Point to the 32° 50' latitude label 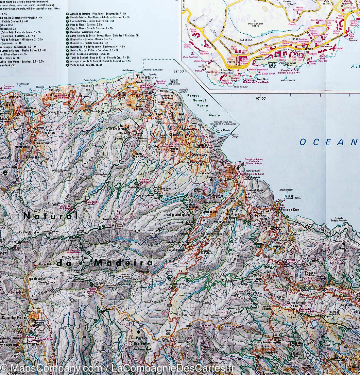coord(179,71)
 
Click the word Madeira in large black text coord(123,263)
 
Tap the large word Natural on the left coord(51,216)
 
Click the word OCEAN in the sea coord(328,142)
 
